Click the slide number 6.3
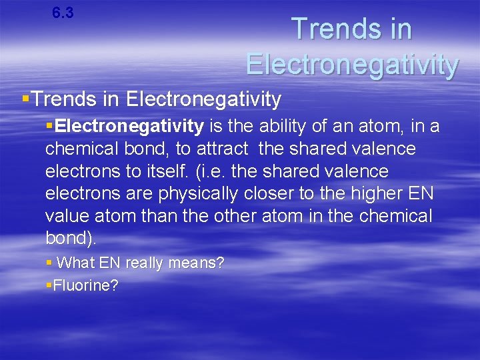(x=63, y=13)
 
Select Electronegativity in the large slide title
(x=352, y=65)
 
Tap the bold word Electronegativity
(x=130, y=125)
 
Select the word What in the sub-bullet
(x=77, y=263)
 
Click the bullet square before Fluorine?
(x=49, y=286)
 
